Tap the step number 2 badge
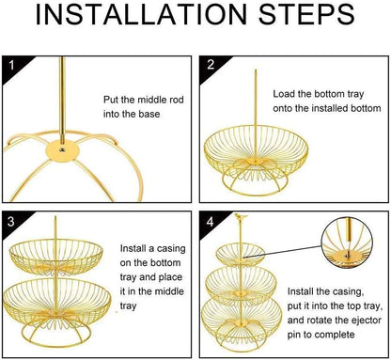click(x=211, y=67)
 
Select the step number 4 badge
click(x=211, y=225)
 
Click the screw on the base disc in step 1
click(x=62, y=148)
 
